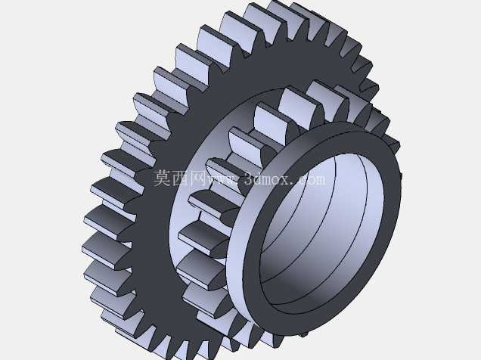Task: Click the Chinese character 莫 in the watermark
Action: [x=162, y=178]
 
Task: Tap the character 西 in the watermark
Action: [x=180, y=178]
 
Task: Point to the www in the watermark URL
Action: [x=222, y=180]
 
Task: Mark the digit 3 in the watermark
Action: [x=249, y=178]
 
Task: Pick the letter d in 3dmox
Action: [x=258, y=178]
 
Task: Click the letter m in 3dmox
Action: [x=268, y=180]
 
